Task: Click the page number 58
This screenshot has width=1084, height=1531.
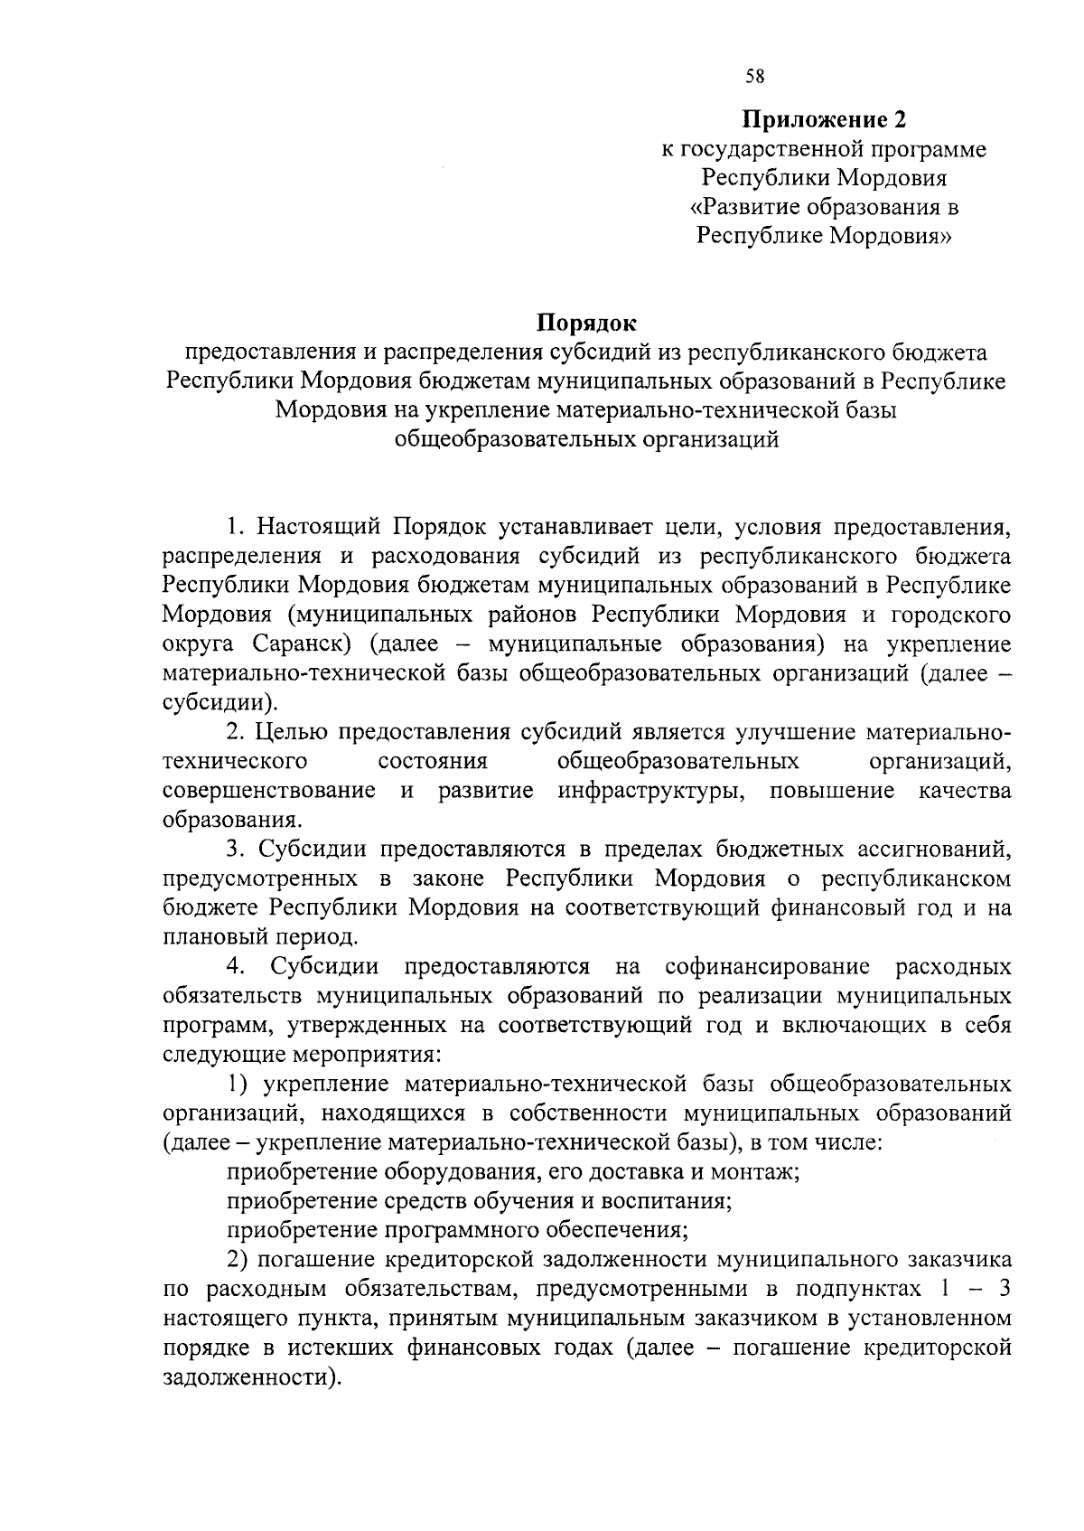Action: tap(754, 77)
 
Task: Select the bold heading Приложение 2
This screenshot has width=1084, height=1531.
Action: tap(823, 118)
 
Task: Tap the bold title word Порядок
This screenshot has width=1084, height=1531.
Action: tap(587, 322)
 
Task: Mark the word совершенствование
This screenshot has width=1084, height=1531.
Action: tap(269, 791)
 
